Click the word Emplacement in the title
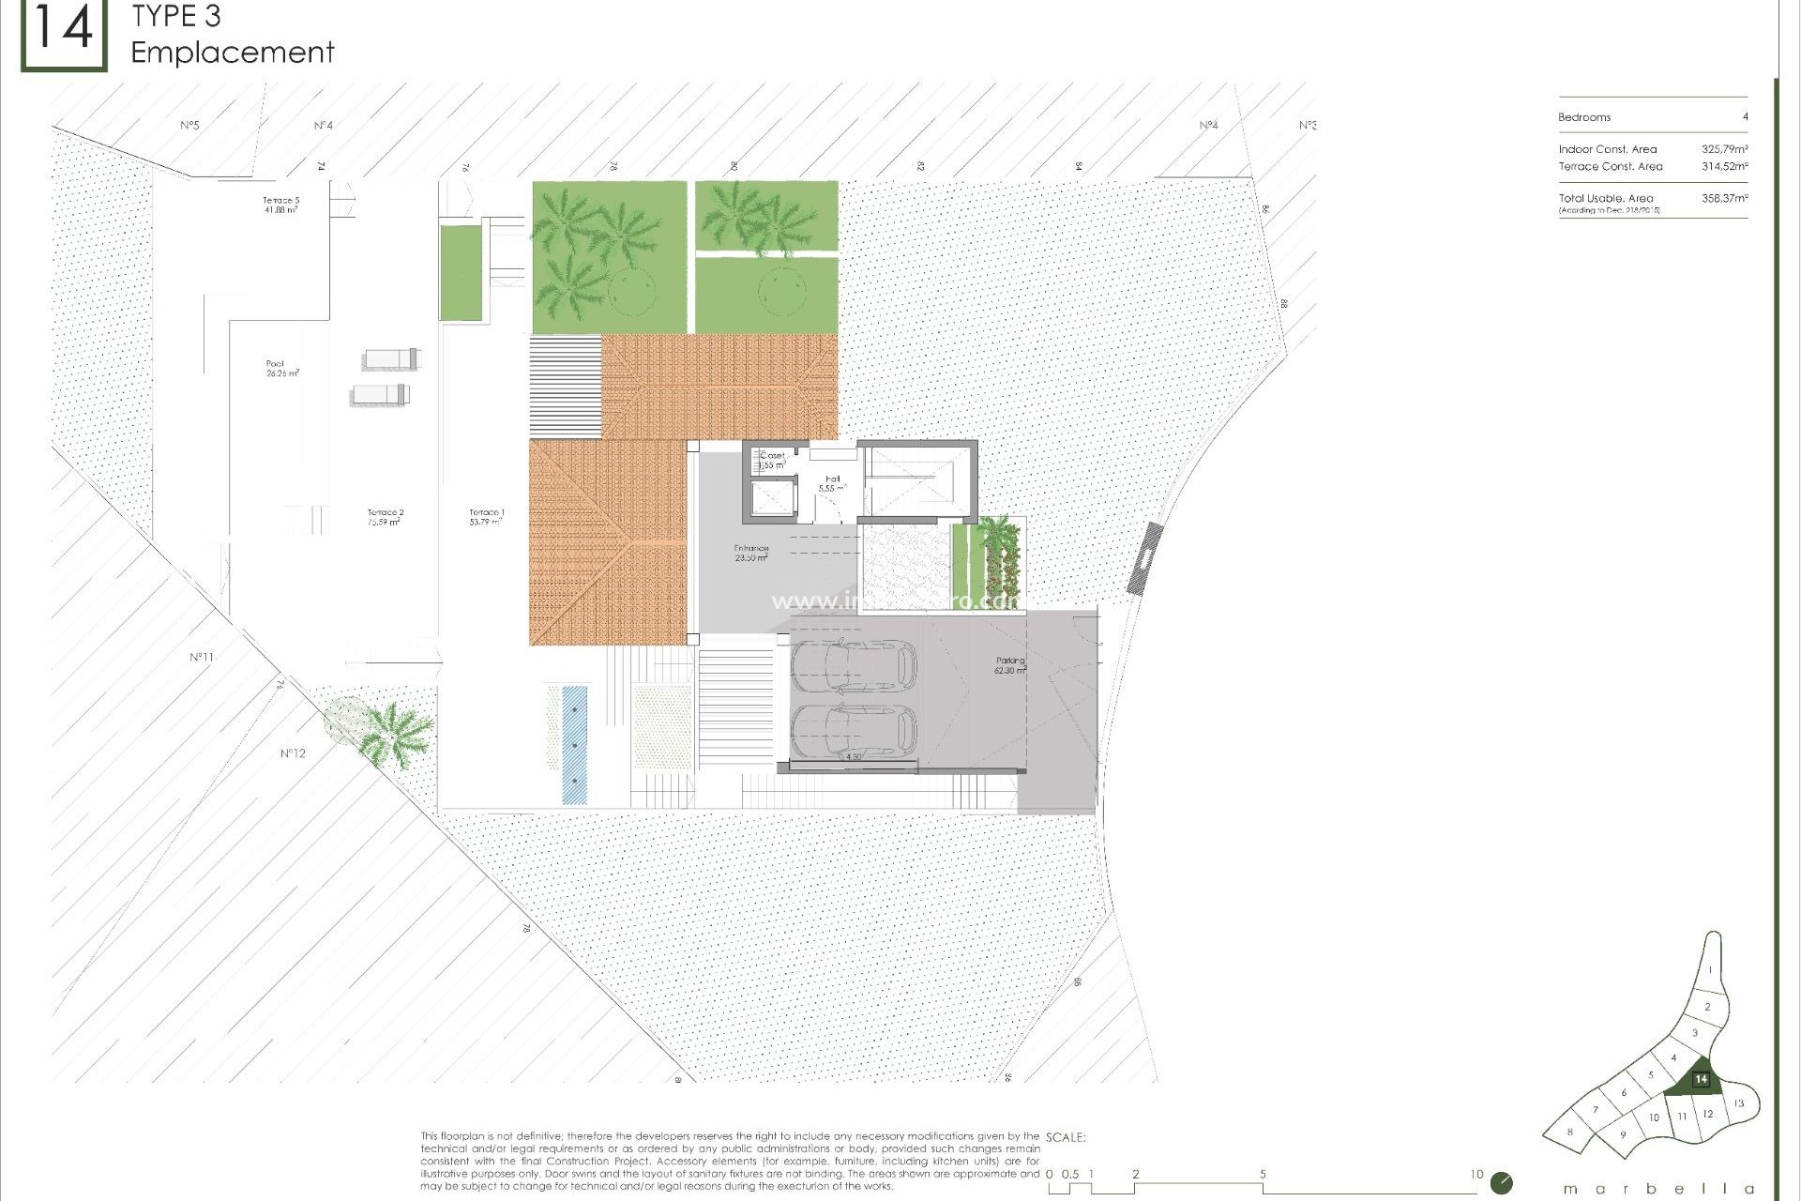[233, 53]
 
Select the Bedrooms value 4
[1745, 117]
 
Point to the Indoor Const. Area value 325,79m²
[1724, 149]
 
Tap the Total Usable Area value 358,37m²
[1724, 199]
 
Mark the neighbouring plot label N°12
[293, 753]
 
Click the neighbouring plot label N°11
[201, 657]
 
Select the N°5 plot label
[189, 125]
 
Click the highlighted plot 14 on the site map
[1700, 1080]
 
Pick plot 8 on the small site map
[1570, 1133]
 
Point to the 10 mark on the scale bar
[1476, 1174]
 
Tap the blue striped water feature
[574, 745]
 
